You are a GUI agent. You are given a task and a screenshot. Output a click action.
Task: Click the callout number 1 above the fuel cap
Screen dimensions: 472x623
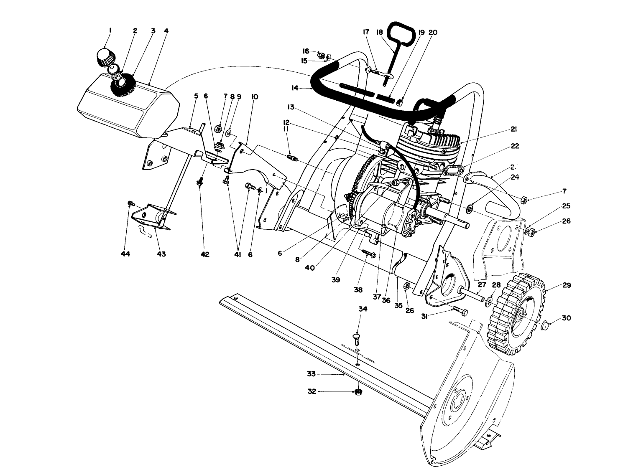(110, 30)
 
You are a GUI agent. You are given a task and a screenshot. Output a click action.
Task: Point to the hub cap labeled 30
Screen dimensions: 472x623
(544, 325)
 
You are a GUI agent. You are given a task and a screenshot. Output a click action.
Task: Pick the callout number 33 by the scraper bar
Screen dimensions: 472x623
(311, 374)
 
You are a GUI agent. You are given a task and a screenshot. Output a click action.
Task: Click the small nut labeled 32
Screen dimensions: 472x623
(357, 392)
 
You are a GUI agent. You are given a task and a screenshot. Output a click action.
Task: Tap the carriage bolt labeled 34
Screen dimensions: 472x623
(357, 337)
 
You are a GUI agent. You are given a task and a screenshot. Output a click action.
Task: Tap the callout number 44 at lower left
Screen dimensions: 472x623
(125, 254)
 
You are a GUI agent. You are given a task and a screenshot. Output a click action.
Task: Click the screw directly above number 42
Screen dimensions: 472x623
(200, 182)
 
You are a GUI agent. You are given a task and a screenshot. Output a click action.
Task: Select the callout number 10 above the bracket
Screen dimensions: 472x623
(255, 97)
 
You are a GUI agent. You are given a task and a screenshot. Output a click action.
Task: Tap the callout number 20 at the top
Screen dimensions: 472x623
(433, 32)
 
